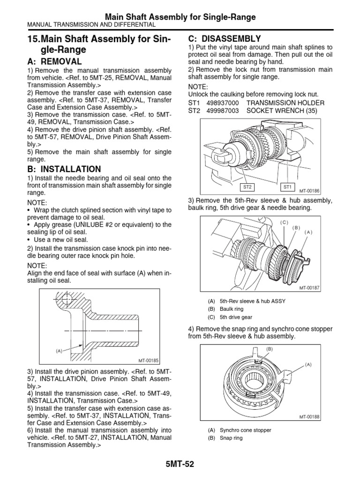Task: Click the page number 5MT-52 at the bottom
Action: coord(180,465)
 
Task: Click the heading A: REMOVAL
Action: coord(55,61)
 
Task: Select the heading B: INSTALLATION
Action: coord(65,169)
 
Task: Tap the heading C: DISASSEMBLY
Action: coord(225,38)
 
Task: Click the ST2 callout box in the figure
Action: coord(247,187)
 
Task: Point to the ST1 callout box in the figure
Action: coord(287,187)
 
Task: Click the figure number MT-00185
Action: coord(149,360)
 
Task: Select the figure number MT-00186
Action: coord(308,191)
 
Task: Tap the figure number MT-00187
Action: coord(308,287)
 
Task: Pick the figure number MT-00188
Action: coord(308,416)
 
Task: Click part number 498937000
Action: coord(223,103)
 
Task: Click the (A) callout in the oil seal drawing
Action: coord(59,350)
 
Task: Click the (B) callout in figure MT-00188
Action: coord(270,349)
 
